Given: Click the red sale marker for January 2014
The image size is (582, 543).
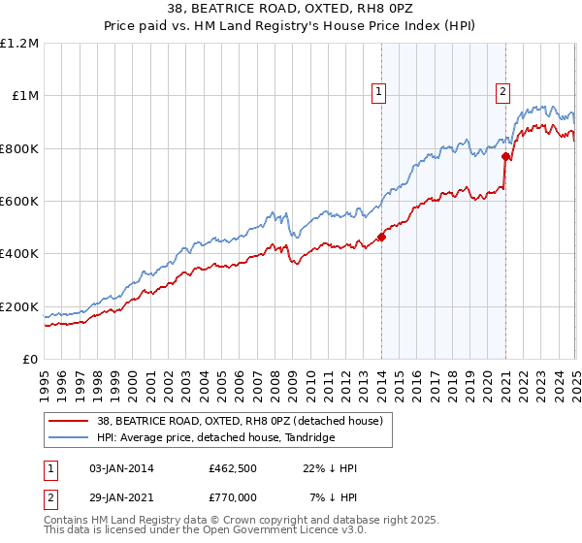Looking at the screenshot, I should click(x=381, y=236).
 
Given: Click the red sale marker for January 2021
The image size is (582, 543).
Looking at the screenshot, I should click(x=505, y=155).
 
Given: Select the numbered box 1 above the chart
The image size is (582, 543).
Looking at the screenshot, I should click(x=379, y=93).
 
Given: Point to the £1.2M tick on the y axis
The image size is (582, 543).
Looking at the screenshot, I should click(x=19, y=44).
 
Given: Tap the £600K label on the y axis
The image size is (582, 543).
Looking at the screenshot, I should click(x=19, y=202).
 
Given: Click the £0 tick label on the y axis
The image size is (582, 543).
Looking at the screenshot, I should click(x=31, y=360).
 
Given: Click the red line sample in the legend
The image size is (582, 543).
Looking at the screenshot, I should click(x=69, y=421).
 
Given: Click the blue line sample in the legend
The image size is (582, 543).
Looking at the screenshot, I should click(x=69, y=438).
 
